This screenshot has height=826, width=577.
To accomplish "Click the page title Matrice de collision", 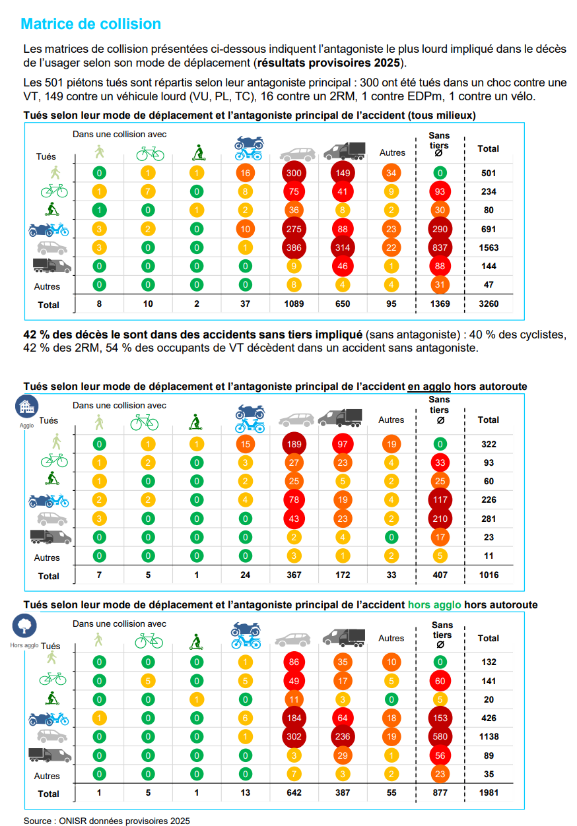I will point(91,24).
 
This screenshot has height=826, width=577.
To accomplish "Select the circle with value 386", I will point(294,248).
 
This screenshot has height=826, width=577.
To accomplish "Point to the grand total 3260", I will point(489,305).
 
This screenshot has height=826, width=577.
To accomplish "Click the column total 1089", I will point(294,305).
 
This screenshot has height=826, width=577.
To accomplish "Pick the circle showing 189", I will point(294,444).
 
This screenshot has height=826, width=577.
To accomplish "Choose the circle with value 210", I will point(440,519).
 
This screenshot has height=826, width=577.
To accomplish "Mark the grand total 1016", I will point(489,575).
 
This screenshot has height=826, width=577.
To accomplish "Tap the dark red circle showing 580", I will point(440,736).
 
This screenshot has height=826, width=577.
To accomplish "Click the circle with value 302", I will point(294,736).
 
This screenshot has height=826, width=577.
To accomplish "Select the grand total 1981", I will point(489,793).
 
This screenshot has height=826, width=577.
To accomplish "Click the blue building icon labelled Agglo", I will point(26,407).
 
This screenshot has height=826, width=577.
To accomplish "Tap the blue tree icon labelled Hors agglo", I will point(24,626).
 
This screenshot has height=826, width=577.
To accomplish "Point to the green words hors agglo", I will point(434,604).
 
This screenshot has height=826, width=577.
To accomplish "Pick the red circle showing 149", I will point(343,174).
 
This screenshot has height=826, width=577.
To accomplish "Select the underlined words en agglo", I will point(428,386).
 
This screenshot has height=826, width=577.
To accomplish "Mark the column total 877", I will point(440,793).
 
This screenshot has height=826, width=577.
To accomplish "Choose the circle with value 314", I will point(343,248).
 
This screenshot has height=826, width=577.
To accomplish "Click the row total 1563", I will point(489,248).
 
